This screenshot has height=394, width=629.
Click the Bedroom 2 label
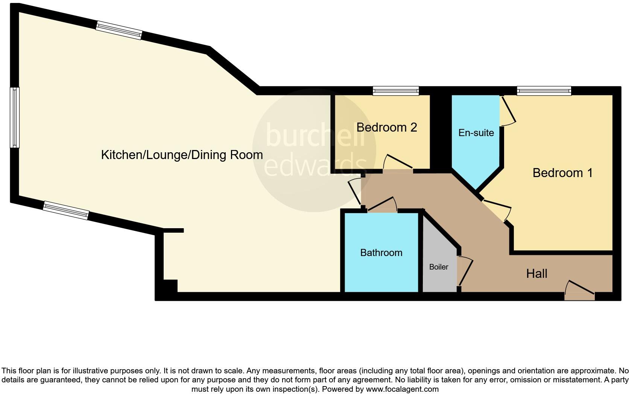coord(386,127)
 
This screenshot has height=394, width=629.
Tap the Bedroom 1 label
coord(562,173)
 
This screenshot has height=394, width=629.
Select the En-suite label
coord(476,133)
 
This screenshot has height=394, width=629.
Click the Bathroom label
coord(381,253)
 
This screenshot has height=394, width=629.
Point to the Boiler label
coord(439,267)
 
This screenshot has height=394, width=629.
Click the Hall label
coord(536,274)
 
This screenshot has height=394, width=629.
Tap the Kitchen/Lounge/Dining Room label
coord(182,155)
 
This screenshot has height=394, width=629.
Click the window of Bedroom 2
coord(396,91)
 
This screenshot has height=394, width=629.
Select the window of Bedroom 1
coord(544,91)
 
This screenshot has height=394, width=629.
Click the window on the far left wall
coord(14,117)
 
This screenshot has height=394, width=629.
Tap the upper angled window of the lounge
coord(119,30)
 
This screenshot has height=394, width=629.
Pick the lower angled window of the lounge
coord(66,211)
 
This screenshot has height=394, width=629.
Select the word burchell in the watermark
coord(315,135)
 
